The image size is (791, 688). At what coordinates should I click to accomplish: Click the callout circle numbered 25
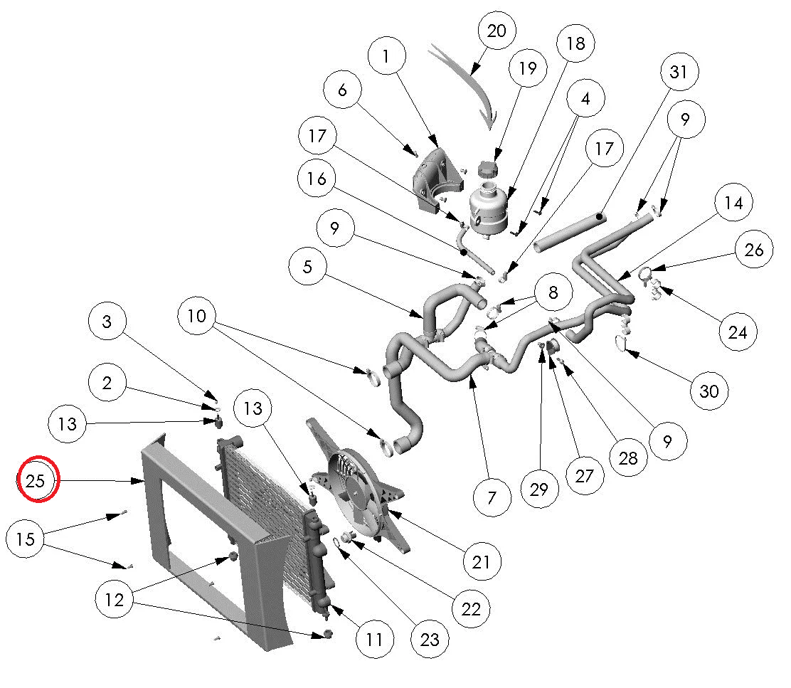click(x=36, y=481)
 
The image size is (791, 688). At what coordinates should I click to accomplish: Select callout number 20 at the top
click(x=497, y=31)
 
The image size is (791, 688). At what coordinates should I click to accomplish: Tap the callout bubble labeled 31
click(x=679, y=72)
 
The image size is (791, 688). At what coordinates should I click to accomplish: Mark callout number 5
click(x=308, y=268)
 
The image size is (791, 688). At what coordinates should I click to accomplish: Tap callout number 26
click(x=754, y=250)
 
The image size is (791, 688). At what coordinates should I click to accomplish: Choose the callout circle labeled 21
click(x=481, y=562)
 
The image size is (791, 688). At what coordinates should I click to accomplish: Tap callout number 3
click(x=107, y=322)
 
